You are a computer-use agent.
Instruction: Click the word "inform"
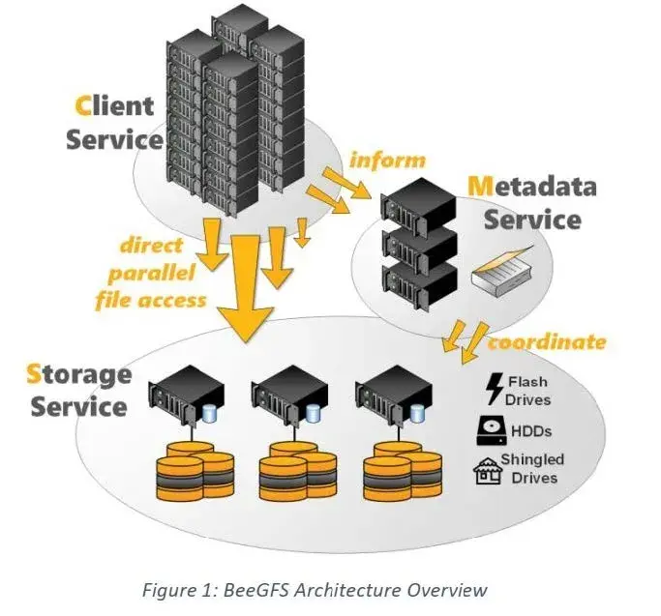click(x=387, y=161)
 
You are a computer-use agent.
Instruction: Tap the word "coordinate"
click(x=547, y=342)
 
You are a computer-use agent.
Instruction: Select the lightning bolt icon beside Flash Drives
click(x=495, y=389)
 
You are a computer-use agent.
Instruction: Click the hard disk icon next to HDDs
click(x=492, y=430)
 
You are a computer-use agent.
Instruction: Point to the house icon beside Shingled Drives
click(x=488, y=471)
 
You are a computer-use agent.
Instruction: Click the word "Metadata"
click(x=532, y=187)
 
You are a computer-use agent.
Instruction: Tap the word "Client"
click(x=114, y=105)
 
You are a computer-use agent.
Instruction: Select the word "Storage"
click(x=78, y=375)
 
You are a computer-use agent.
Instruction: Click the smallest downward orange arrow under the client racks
click(x=301, y=233)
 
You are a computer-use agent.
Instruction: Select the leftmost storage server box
click(x=186, y=395)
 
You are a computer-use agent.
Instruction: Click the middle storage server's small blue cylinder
click(x=313, y=414)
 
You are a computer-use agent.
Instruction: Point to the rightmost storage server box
click(x=394, y=395)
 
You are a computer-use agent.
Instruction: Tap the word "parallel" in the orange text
click(x=152, y=273)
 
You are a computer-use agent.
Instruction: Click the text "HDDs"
click(x=531, y=431)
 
